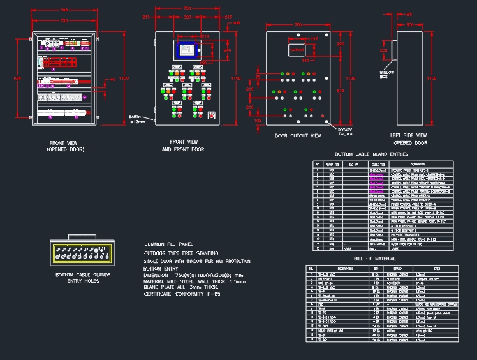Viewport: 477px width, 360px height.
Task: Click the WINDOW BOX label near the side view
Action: (386, 75)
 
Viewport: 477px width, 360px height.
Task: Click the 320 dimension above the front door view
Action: (187, 18)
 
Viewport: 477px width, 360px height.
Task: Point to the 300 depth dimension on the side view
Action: (410, 24)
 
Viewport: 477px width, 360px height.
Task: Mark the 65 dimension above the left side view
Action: (409, 13)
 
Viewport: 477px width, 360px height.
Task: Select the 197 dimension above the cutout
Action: (314, 39)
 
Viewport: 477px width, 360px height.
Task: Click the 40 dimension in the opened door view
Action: (112, 80)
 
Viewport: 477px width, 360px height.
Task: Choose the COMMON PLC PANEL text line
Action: (169, 244)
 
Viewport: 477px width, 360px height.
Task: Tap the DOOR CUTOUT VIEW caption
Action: (298, 136)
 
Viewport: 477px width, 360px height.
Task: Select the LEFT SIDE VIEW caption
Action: (408, 135)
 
